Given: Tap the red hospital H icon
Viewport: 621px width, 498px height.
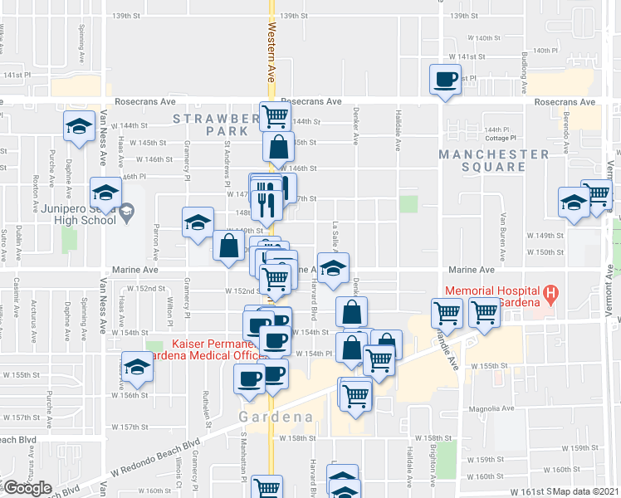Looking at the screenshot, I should coord(549,293).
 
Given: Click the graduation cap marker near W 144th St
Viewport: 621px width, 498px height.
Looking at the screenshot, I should coord(79,126).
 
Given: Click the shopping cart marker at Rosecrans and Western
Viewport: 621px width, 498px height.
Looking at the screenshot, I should coord(275,115).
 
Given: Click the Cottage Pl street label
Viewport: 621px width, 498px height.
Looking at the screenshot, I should coord(501,138).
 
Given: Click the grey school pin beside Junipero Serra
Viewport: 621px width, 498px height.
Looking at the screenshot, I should coord(126,212).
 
